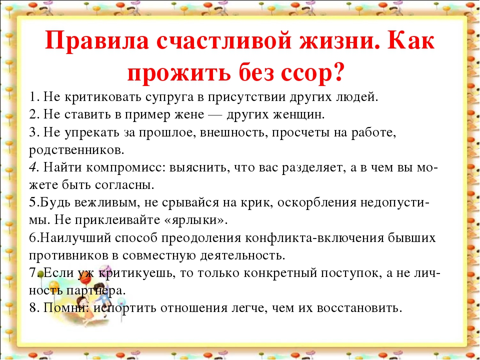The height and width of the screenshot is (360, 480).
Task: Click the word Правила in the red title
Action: (x=97, y=41)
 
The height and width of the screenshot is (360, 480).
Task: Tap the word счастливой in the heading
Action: (x=224, y=41)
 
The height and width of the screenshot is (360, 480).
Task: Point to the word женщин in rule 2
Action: (x=298, y=115)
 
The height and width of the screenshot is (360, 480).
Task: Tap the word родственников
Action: (x=76, y=150)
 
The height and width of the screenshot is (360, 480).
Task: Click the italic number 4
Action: (x=33, y=167)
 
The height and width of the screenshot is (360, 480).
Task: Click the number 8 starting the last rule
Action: (x=33, y=307)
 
